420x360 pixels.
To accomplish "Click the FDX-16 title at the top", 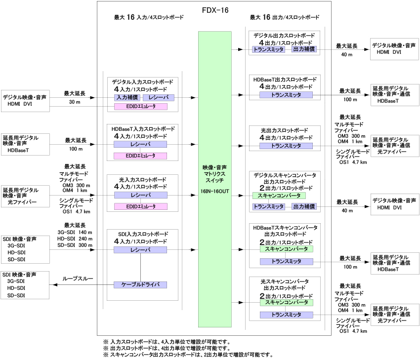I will click(215, 10).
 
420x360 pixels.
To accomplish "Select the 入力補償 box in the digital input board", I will click(125, 97).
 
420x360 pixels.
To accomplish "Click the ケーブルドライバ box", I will click(140, 285).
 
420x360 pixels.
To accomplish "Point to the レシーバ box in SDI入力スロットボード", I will click(140, 250).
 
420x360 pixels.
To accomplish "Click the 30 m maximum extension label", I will click(75, 103).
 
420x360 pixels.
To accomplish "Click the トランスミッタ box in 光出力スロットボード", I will click(287, 146).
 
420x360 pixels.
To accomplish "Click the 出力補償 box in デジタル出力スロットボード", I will click(304, 49).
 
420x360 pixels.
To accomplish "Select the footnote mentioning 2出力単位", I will click(188, 355).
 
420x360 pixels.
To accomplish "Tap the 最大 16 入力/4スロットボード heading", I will click(149, 17).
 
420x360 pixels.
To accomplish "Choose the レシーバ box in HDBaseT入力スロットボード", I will click(140, 144).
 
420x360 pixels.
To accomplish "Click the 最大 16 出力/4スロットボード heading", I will click(284, 17).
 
